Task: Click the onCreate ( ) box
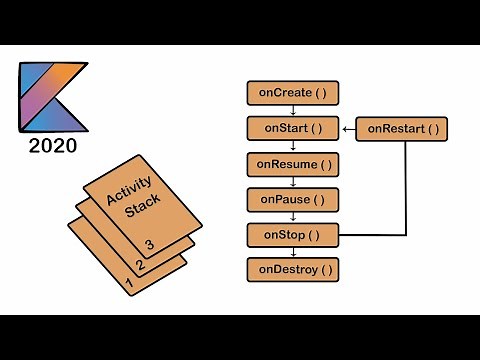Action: click(292, 93)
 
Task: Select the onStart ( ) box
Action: click(292, 128)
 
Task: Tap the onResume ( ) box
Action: click(292, 163)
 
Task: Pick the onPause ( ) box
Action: click(292, 199)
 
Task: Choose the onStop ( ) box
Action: click(292, 235)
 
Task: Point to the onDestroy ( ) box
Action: click(292, 270)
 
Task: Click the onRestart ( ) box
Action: click(402, 128)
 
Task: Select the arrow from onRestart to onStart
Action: click(349, 128)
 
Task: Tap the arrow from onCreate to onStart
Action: click(292, 111)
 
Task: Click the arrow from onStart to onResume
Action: click(292, 146)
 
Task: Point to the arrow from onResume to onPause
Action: click(292, 181)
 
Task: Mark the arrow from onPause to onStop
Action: click(292, 217)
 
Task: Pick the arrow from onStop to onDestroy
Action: click(292, 253)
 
